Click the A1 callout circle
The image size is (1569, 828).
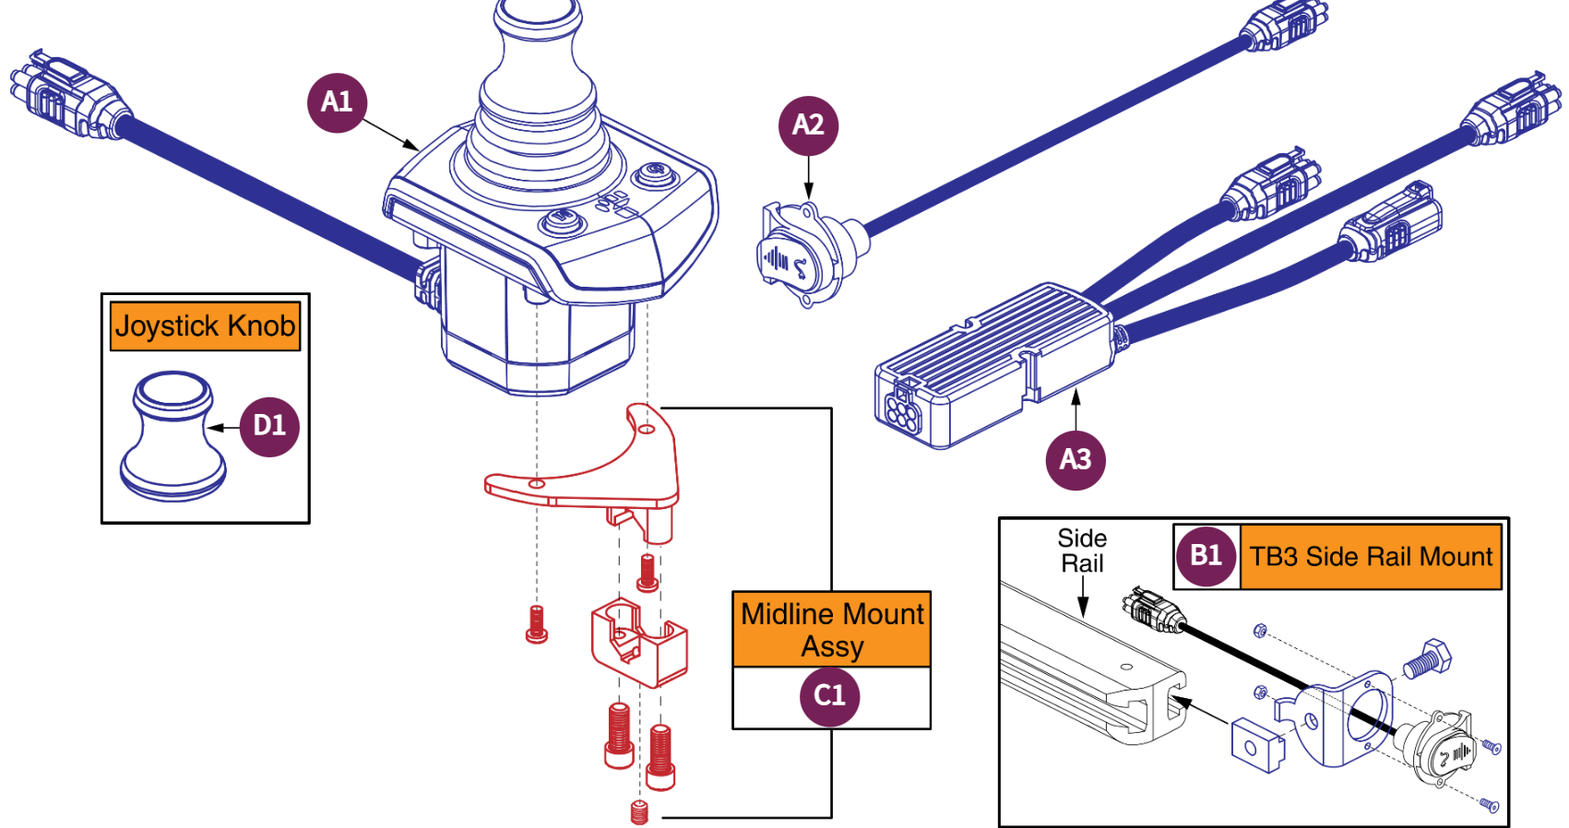[337, 102]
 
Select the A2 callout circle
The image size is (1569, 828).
[808, 124]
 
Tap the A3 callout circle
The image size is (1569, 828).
[1075, 459]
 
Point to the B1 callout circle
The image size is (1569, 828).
[1206, 556]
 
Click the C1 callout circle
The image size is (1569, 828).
[829, 696]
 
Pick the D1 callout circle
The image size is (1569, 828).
[269, 426]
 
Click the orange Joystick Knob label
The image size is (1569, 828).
[205, 326]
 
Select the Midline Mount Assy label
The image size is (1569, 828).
[831, 630]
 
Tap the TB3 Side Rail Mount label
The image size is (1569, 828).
[1370, 557]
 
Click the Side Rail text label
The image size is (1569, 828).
[1082, 550]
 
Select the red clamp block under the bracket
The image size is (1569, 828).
[638, 643]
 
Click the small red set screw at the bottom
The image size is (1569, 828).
[639, 812]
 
